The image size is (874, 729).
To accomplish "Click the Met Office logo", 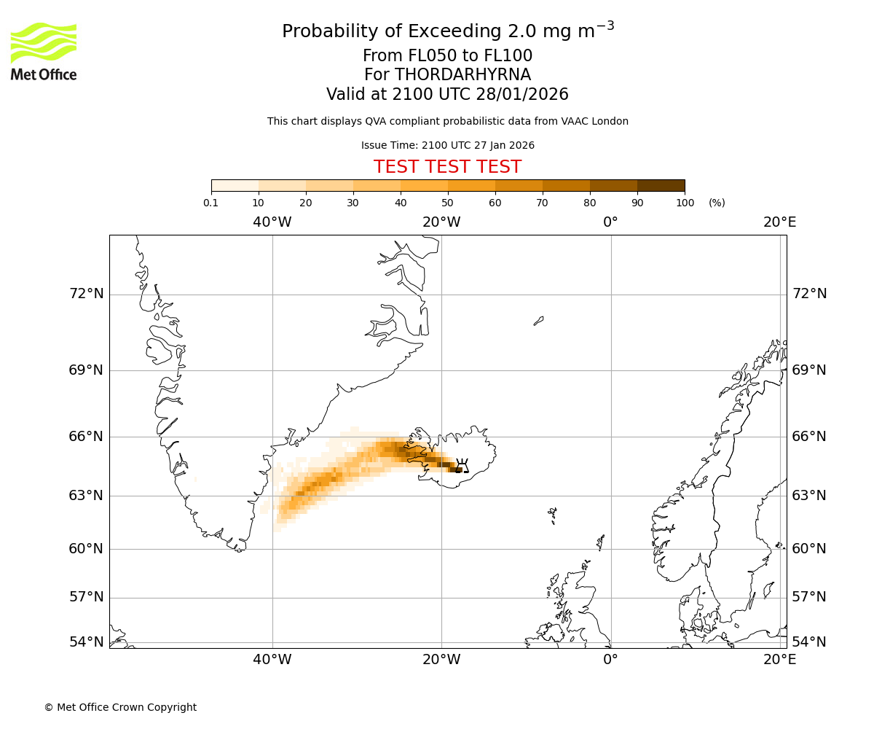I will point(44,51).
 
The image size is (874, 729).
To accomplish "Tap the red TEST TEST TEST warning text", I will point(447,167).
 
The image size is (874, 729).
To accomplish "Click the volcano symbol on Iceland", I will point(461,466).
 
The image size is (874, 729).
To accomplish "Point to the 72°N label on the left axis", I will point(86,294).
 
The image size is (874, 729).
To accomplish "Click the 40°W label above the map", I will point(272,222).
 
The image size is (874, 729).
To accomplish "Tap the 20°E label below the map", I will point(779,660).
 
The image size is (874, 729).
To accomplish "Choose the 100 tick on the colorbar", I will point(685,203).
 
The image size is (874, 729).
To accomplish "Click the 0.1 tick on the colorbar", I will point(211,203).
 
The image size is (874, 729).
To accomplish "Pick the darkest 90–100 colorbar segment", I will point(661,185).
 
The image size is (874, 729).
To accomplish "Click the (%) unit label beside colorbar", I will point(717,203).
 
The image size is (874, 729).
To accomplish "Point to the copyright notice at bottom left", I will point(120,707).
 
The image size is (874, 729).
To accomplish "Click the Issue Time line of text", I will point(447,145).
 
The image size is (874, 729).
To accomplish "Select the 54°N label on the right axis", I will point(809,642).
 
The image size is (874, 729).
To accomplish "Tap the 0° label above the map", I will point(610,222).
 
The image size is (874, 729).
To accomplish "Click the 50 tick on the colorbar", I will point(447,203).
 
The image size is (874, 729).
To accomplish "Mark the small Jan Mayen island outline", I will point(538,321).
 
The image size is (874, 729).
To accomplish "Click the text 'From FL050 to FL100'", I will point(447,56).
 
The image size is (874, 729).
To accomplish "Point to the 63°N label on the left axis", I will point(86,496).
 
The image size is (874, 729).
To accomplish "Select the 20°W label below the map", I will point(441,660).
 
